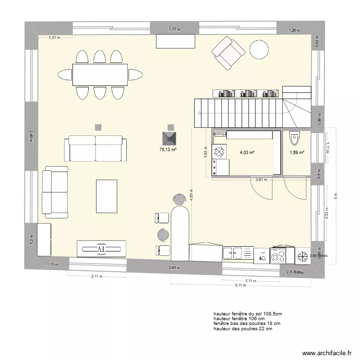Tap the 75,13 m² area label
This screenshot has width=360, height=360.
click(168, 149)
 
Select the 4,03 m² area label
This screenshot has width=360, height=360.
click(247, 153)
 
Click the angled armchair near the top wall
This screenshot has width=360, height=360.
click(228, 52)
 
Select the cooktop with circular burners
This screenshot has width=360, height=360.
click(279, 255)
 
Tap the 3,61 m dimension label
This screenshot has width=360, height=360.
click(261, 180)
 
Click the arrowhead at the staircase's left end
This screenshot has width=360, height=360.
click(198, 113)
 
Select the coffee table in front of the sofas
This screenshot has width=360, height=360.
click(106, 196)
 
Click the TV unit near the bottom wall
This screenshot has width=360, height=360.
click(102, 249)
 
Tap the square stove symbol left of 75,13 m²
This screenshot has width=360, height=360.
click(98, 127)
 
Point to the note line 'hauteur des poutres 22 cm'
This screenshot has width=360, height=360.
click(243, 329)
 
